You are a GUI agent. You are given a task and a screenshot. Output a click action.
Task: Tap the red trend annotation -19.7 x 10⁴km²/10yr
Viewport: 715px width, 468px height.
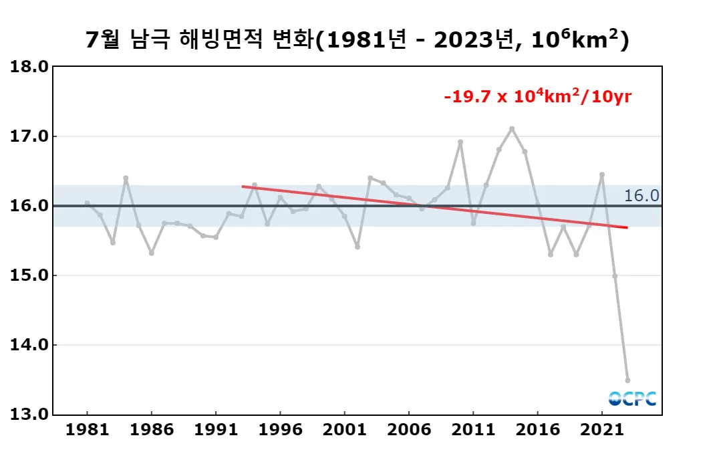point(537,97)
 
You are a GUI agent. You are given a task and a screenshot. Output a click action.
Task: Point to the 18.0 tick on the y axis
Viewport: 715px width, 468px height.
point(29,67)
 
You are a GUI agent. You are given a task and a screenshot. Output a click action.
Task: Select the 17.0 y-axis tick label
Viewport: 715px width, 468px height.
point(29,136)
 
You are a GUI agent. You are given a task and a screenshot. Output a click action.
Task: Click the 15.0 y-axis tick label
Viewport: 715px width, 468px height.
point(29,275)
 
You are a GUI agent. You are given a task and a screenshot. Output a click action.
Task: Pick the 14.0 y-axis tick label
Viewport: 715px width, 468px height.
point(29,345)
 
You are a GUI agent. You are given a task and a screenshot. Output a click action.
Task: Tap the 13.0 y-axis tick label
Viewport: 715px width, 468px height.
point(29,415)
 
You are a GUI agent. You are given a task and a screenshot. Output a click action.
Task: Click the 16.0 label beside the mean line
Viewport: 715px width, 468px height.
point(641,196)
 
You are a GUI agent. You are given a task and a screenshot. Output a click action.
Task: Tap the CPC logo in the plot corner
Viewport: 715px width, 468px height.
point(632,398)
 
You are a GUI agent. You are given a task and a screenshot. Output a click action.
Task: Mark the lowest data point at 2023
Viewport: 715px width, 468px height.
point(627,380)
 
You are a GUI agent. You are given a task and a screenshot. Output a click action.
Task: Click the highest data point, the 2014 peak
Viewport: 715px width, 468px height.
point(512,129)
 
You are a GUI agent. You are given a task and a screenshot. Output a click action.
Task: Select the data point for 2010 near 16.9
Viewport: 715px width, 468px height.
point(460,142)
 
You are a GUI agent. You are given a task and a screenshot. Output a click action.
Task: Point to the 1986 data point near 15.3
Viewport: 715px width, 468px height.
point(152,253)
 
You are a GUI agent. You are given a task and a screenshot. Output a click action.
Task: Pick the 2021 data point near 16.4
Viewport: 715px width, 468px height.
point(602,174)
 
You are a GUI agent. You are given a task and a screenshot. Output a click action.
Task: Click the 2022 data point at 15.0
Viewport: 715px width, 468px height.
point(615,276)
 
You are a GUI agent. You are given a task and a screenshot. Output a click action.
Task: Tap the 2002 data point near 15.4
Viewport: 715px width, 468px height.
point(357,247)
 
